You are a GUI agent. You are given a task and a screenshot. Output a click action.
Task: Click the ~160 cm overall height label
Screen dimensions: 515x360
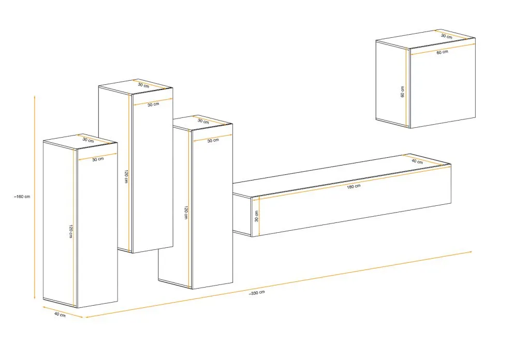22,197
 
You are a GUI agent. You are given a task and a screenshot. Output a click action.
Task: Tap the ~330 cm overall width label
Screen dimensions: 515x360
257,293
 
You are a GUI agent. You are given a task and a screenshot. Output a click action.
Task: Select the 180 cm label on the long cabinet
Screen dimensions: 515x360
354,186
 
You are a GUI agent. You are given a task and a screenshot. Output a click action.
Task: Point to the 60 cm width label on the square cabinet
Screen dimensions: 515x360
442,52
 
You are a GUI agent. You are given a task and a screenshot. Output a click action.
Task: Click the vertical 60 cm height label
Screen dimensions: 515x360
402,92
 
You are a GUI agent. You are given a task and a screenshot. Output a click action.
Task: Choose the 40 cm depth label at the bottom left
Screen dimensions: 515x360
60,314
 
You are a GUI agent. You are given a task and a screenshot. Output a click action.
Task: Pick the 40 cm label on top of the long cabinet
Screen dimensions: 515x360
417,161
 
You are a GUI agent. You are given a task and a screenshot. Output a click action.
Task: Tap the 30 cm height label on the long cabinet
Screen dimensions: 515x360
256,216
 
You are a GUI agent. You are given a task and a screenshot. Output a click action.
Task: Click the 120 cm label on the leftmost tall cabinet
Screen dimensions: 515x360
70,231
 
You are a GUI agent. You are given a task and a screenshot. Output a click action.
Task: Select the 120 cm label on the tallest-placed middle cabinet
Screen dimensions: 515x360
126,176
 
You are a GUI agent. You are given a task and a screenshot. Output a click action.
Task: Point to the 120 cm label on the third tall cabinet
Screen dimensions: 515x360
186,212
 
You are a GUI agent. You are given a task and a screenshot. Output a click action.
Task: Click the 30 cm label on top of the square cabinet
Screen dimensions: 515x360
446,36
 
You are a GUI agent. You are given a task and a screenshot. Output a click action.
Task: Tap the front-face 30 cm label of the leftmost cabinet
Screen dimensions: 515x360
98,159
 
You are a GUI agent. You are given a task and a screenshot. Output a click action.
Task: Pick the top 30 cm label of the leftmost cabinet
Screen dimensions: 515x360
88,140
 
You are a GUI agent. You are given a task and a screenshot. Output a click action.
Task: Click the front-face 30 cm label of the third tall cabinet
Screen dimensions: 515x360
213,141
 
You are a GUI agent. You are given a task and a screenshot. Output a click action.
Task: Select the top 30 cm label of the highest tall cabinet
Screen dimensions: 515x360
143,85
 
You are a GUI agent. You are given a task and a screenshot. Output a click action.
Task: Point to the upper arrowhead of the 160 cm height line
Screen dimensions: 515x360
35,97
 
